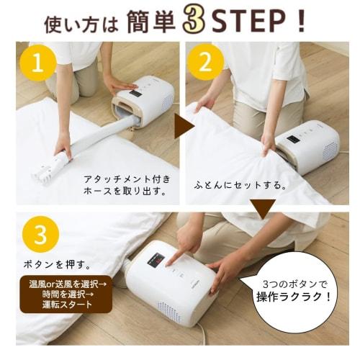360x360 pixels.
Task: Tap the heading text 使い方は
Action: (x=81, y=24)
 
